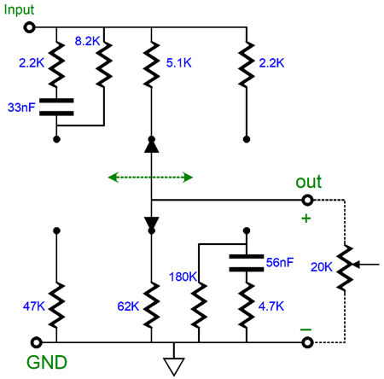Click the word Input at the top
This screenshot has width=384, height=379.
pos(19,10)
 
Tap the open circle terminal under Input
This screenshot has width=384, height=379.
pos(29,27)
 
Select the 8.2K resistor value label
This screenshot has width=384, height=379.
pos(87,41)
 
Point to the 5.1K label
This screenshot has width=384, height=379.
pos(179,63)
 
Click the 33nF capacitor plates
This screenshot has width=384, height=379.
pos(56,107)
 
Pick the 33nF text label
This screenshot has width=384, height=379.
pos(21,108)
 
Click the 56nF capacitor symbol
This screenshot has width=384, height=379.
pos(247,263)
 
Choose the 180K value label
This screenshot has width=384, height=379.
pos(183,277)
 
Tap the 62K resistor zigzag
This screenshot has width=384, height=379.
pos(151,305)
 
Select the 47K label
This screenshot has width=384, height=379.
pos(34,306)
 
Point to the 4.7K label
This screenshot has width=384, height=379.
pos(271,306)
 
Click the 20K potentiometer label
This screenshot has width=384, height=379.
pos(322,267)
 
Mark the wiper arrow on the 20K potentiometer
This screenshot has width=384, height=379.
pos(366,265)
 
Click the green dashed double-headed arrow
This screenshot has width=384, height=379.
pos(150,178)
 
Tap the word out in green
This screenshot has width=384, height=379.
pos(309,182)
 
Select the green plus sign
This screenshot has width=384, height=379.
pos(306,219)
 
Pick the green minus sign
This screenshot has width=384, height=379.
pos(305,329)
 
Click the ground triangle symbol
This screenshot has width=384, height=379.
pos(174,366)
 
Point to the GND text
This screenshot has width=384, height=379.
pos(47,363)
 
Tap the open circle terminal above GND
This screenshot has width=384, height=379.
pos(36,342)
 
